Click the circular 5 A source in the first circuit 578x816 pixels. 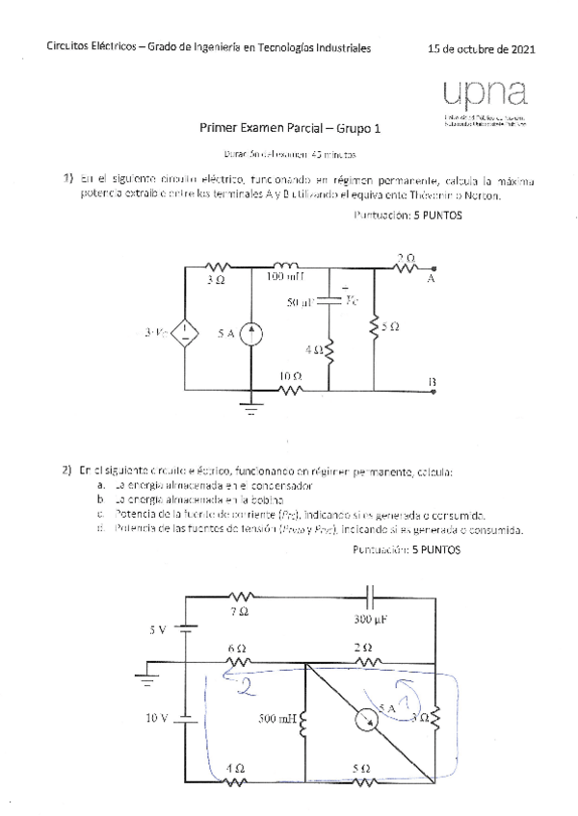tap(250, 334)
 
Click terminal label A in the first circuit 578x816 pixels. tap(431, 278)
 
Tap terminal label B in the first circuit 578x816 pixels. tap(432, 383)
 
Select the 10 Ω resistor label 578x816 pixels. tap(288, 375)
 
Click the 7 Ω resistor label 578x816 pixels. tap(241, 611)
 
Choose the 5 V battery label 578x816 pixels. tap(157, 630)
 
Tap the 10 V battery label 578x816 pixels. tap(157, 718)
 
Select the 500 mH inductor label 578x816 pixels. tap(278, 718)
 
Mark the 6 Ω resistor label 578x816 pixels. tap(237, 649)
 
